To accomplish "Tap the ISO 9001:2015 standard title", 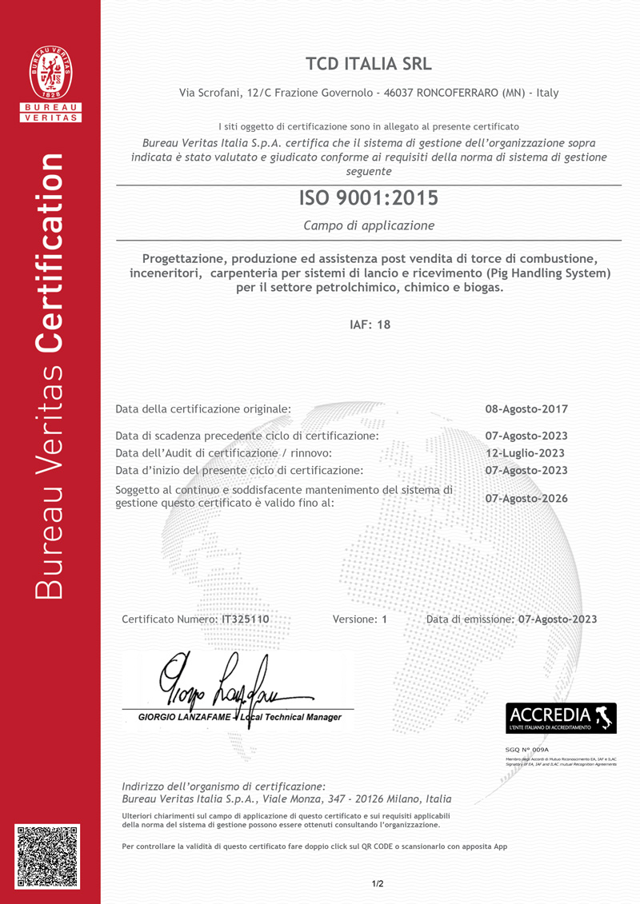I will coord(368,197).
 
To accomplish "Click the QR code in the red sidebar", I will coord(48,857).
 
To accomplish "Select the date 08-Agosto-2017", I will coord(526,409).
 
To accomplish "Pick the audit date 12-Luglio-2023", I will coord(526,452).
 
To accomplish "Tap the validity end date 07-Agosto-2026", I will coord(526,498).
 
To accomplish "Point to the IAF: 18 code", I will coord(370,325).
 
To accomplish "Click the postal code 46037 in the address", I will coord(398,93).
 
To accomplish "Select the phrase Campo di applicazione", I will coord(369,225).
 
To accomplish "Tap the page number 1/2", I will coord(378,883).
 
